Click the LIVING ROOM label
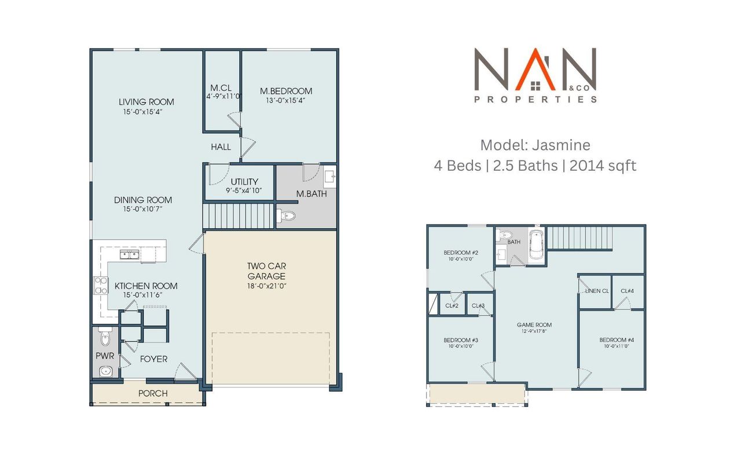pos(146,102)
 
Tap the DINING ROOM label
pos(146,200)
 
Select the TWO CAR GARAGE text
pos(267,271)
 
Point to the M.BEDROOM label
pos(286,91)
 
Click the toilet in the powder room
pos(105,336)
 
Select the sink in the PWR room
pos(105,371)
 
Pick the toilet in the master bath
pos(287,216)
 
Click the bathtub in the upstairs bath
pos(537,245)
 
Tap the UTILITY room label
pos(244,182)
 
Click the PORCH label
pos(153,394)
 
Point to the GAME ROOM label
pos(534,325)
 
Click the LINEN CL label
pos(597,291)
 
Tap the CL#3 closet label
pos(478,306)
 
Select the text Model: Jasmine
pos(535,145)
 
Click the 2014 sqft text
pos(603,166)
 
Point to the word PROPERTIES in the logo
pos(535,100)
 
